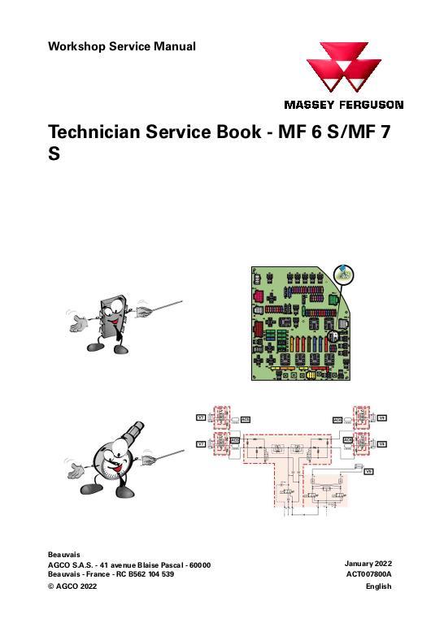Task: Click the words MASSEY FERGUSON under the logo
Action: point(343,105)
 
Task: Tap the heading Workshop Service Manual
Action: point(122,46)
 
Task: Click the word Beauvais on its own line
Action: point(64,554)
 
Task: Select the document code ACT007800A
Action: point(368,574)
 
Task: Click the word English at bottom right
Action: point(378,586)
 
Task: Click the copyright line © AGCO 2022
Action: point(72,586)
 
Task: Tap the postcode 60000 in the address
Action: point(199,564)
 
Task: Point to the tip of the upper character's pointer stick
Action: point(179,303)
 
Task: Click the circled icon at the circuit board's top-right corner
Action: point(342,273)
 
